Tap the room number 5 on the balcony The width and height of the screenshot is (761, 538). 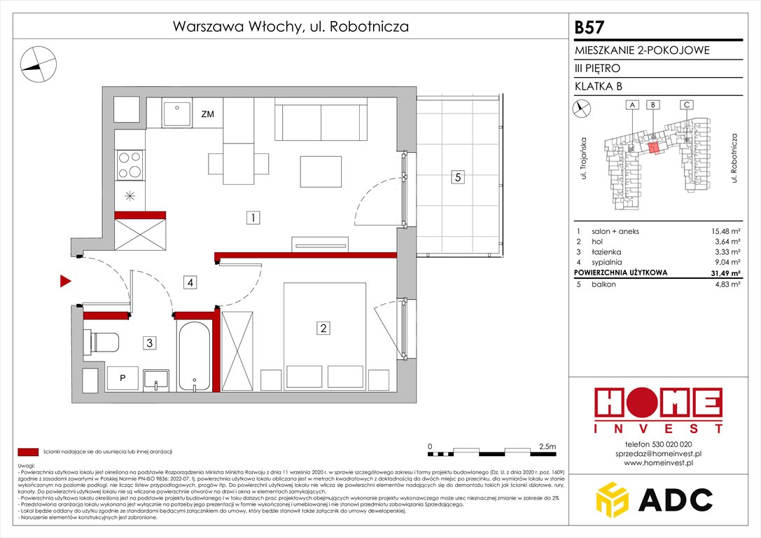456,177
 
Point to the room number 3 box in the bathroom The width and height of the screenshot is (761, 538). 150,343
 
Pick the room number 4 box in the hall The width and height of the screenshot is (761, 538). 190,282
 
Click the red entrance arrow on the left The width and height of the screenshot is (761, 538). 65,282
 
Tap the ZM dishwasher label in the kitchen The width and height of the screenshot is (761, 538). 207,114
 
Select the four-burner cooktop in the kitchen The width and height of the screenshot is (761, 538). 129,165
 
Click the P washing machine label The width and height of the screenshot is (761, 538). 123,378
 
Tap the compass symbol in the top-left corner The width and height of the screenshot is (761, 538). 37,62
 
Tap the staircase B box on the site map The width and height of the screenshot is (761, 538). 652,105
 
